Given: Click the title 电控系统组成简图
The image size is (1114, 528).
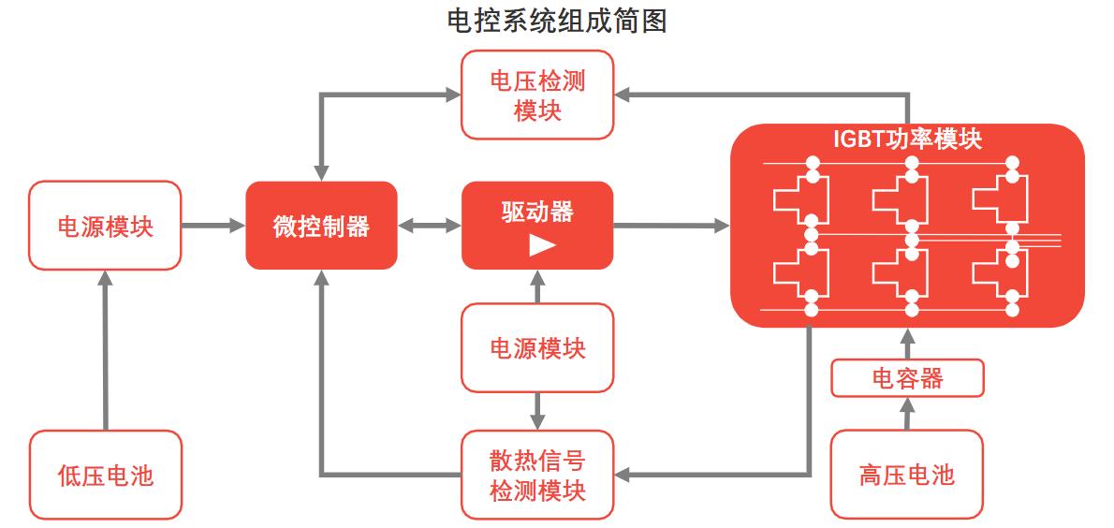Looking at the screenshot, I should pos(557,21).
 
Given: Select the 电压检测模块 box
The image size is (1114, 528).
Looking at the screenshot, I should pos(537,95).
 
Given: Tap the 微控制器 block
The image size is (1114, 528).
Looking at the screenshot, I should pos(321,226).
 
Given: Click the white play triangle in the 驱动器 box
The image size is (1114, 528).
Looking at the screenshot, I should pos(541,245).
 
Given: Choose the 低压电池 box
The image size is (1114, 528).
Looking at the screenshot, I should pos(105,475).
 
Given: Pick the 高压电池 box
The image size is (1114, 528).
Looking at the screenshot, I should pos(907,474).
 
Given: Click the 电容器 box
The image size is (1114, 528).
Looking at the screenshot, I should pos(907,378).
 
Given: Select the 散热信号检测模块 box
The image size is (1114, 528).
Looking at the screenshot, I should pos(537,475).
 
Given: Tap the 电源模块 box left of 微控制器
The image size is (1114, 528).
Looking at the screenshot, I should pos(105,226).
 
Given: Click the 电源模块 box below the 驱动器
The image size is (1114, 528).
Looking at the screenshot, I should pos(537,348).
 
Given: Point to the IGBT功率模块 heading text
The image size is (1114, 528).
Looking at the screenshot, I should pos(907,139).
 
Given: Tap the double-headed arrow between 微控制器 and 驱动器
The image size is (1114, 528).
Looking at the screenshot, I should pos(430,226).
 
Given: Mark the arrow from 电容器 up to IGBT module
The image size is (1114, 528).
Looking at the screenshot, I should pos(907,344).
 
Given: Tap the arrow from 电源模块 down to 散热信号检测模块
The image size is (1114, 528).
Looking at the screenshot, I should pos(537,410).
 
